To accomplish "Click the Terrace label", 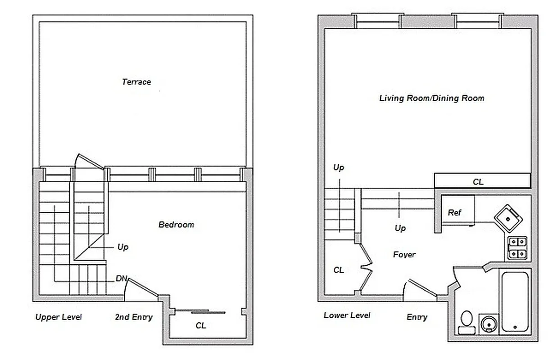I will click(136, 82).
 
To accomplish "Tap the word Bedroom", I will click(176, 225).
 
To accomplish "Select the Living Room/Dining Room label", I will click(431, 98).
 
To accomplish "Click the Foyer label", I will click(404, 255).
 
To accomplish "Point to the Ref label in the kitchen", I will click(454, 212).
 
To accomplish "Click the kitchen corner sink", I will click(509, 218).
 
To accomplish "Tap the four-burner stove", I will click(517, 248).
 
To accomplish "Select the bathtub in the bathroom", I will click(516, 301).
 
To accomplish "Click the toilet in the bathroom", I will click(466, 322).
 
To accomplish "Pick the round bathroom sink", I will click(487, 324).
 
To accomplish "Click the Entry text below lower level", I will click(417, 317).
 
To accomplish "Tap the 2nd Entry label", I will click(134, 317).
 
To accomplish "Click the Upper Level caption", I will click(59, 317).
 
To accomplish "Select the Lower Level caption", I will click(347, 315).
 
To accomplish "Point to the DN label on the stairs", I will click(121, 279).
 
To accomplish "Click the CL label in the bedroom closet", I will click(201, 325).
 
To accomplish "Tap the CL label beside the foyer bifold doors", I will click(339, 270).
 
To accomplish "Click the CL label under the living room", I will click(478, 182).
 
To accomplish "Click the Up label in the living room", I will click(338, 167).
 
